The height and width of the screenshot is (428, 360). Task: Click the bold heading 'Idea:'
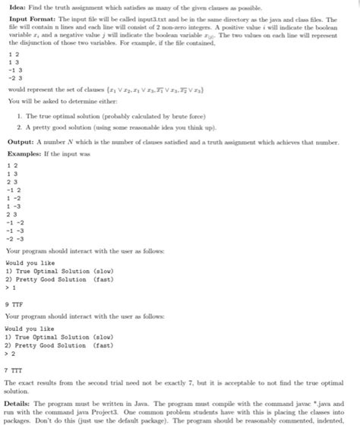click(14, 6)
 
